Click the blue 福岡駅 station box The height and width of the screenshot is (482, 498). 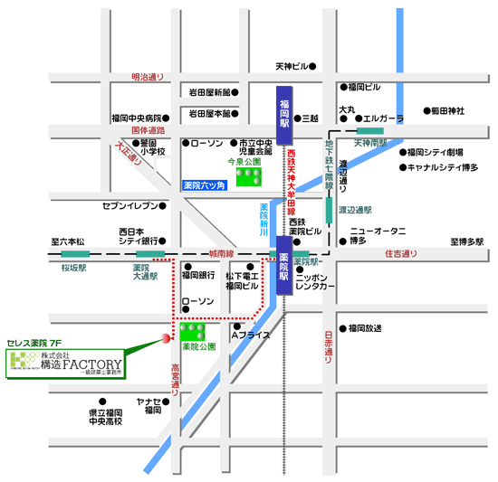[284, 116]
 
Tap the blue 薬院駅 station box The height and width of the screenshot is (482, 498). [284, 267]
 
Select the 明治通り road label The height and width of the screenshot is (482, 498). [148, 77]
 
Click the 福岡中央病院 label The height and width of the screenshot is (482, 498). [136, 118]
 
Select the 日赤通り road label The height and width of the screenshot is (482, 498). [329, 347]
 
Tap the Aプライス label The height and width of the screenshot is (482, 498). [251, 336]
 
